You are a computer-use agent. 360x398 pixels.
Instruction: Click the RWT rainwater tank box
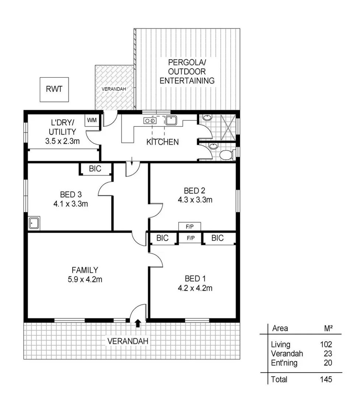(54, 89)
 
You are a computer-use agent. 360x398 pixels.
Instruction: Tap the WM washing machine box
(92, 121)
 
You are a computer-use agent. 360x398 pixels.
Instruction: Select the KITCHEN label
(162, 142)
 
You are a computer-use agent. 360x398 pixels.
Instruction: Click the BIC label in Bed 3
(95, 169)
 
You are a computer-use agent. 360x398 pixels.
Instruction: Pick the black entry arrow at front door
(138, 324)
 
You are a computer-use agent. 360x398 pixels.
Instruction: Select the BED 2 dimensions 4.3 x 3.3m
(194, 200)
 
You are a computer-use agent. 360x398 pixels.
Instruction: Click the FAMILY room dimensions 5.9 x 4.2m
(85, 279)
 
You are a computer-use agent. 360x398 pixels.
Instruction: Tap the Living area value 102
(326, 345)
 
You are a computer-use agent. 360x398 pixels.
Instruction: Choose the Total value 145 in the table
(326, 379)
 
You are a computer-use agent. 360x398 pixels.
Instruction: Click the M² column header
(326, 328)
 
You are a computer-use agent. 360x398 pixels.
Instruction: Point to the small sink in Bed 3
(34, 223)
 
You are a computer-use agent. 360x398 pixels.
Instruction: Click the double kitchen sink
(149, 120)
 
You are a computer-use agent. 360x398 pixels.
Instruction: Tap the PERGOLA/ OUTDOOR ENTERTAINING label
(187, 71)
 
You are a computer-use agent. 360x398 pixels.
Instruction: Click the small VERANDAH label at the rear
(114, 89)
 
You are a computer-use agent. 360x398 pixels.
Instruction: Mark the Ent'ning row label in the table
(284, 363)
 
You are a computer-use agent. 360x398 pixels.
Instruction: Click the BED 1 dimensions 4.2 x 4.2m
(194, 288)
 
